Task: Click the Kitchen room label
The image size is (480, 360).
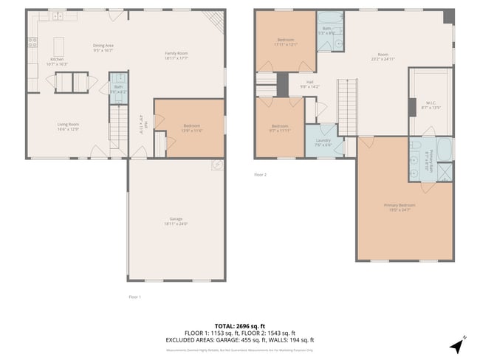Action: [x=58, y=61]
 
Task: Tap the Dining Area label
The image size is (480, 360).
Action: [x=103, y=48]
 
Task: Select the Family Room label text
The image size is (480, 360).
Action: [x=176, y=55]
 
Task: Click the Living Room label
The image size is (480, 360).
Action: [x=68, y=126]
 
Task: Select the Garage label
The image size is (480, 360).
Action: [x=175, y=221]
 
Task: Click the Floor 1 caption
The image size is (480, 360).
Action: [x=134, y=297]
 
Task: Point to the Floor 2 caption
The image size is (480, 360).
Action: [x=260, y=175]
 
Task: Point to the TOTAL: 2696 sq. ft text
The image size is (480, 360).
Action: [x=239, y=325]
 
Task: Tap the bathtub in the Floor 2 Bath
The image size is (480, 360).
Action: [x=326, y=21]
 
